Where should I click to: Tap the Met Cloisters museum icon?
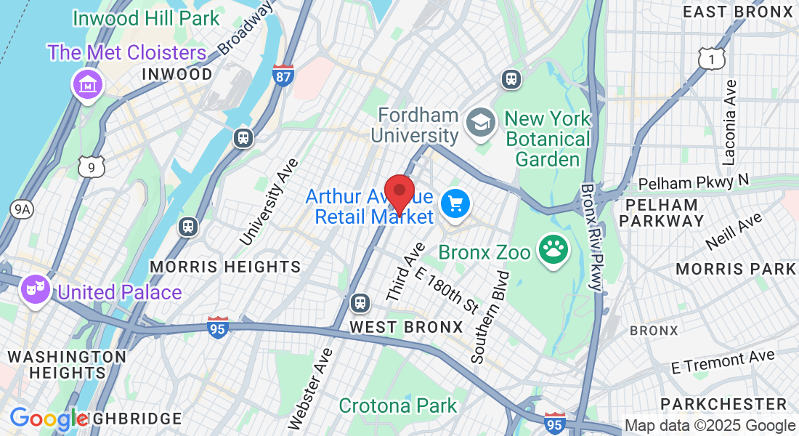87,84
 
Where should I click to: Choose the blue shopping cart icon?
456,203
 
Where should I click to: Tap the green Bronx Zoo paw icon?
553,251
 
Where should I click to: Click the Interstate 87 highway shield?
283,75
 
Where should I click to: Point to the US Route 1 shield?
712,58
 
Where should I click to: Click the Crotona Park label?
398,405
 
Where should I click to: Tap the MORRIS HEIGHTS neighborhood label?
225,267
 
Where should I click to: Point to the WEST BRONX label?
406,327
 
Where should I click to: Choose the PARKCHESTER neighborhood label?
724,404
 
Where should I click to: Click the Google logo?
48,419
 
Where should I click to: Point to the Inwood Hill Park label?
146,18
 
